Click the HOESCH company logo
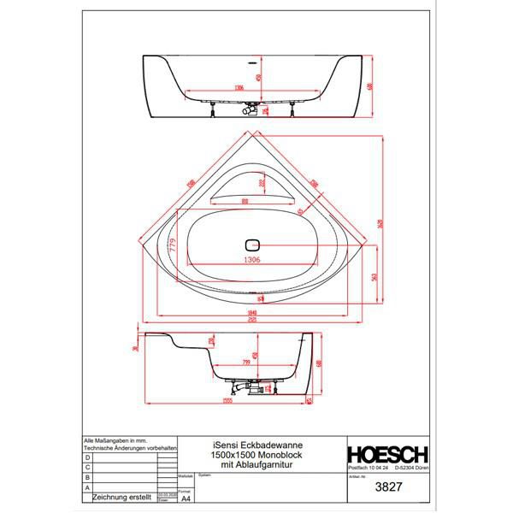(386, 453)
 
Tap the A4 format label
(187, 493)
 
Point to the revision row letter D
(86, 458)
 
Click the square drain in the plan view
(251, 241)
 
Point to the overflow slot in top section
(254, 62)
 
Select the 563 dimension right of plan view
(374, 275)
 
